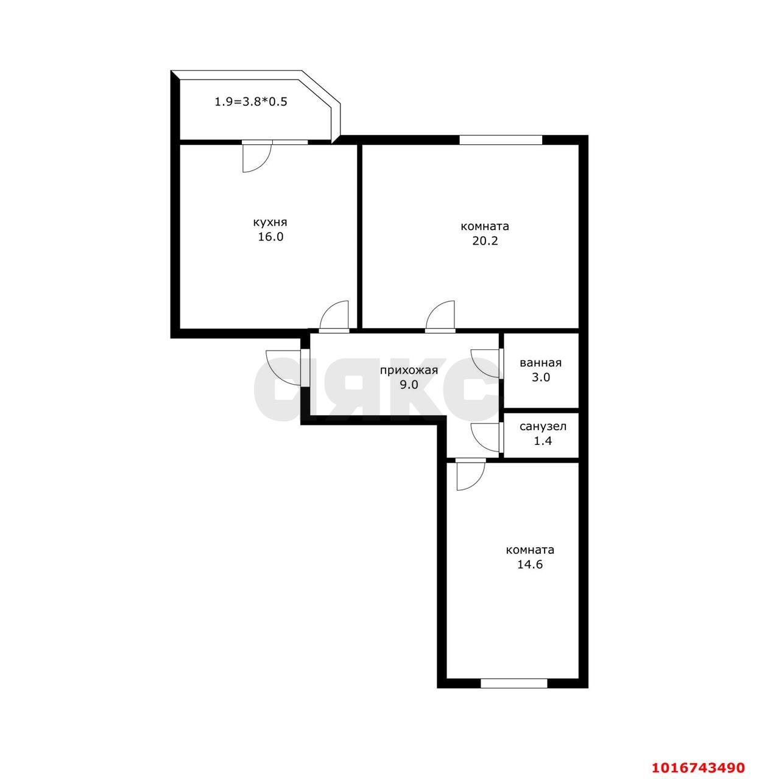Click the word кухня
pyautogui.click(x=270, y=223)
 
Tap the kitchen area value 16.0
pyautogui.click(x=270, y=237)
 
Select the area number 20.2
pyautogui.click(x=485, y=241)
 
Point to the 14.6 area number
pyautogui.click(x=530, y=565)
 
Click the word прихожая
pyautogui.click(x=409, y=370)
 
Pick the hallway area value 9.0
pyautogui.click(x=409, y=385)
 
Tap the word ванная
pyautogui.click(x=540, y=363)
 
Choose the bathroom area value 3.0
pyautogui.click(x=540, y=377)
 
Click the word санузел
pyautogui.click(x=543, y=427)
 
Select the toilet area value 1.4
pyautogui.click(x=543, y=441)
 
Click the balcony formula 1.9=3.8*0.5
pyautogui.click(x=251, y=102)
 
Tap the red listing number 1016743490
pyautogui.click(x=697, y=756)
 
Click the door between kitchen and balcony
pyautogui.click(x=257, y=156)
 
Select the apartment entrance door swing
pyautogui.click(x=283, y=368)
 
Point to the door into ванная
pyautogui.click(x=486, y=363)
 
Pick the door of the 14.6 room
pyautogui.click(x=470, y=474)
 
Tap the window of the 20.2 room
pyautogui.click(x=501, y=140)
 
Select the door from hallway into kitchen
pyautogui.click(x=334, y=316)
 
